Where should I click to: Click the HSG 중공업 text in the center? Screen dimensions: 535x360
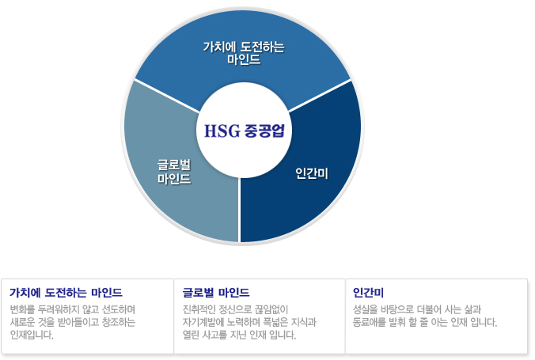point(244,131)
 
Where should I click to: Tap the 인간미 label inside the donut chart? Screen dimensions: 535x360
point(312,173)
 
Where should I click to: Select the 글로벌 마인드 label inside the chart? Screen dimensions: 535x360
point(174,172)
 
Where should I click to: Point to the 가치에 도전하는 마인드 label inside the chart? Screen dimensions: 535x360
point(244,53)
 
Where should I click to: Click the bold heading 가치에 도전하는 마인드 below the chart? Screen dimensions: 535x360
point(66,293)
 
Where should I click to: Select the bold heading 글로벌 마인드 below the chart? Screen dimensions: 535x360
point(216,293)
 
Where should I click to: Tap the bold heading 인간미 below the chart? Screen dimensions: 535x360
point(368,293)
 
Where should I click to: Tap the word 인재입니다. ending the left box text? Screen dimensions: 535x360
point(32,335)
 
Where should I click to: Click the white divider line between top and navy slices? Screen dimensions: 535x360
point(320,96)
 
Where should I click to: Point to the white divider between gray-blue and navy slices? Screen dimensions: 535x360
point(239,210)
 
